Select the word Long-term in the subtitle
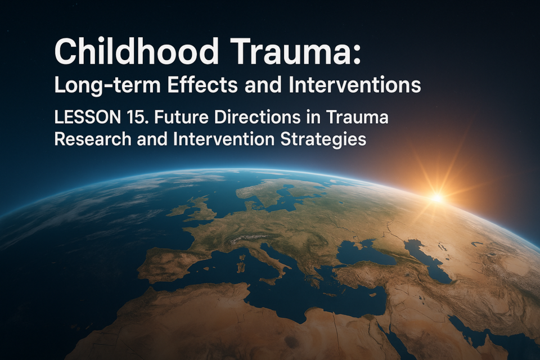point(107,85)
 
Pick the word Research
point(93,139)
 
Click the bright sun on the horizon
point(436,197)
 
